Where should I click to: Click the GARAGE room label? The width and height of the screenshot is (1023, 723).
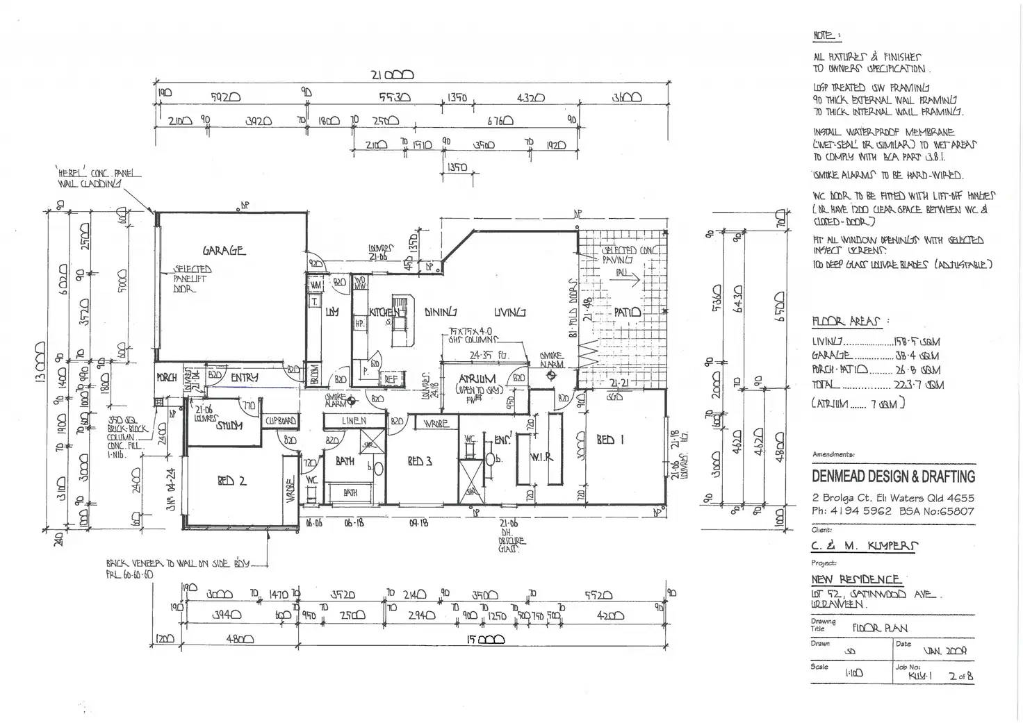pyautogui.click(x=224, y=250)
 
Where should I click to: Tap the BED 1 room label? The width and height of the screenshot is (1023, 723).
pyautogui.click(x=610, y=440)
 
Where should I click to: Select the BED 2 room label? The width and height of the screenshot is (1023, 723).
pyautogui.click(x=231, y=481)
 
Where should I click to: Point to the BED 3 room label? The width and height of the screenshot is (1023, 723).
pyautogui.click(x=420, y=462)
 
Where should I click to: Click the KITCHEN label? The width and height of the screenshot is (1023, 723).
pyautogui.click(x=384, y=313)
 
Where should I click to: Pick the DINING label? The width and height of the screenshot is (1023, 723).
pyautogui.click(x=441, y=313)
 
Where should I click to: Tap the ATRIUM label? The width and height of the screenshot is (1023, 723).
pyautogui.click(x=477, y=379)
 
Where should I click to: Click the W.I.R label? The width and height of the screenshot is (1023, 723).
pyautogui.click(x=541, y=457)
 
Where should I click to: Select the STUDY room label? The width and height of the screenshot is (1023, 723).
pyautogui.click(x=229, y=426)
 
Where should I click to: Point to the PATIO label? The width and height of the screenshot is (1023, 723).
pyautogui.click(x=628, y=313)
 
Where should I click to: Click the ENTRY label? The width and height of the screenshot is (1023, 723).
pyautogui.click(x=244, y=377)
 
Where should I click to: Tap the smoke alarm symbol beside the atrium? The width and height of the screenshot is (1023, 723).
pyautogui.click(x=551, y=376)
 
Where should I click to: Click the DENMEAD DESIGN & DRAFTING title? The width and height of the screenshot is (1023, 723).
pyautogui.click(x=893, y=476)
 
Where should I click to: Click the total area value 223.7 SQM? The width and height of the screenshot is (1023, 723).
pyautogui.click(x=924, y=384)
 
